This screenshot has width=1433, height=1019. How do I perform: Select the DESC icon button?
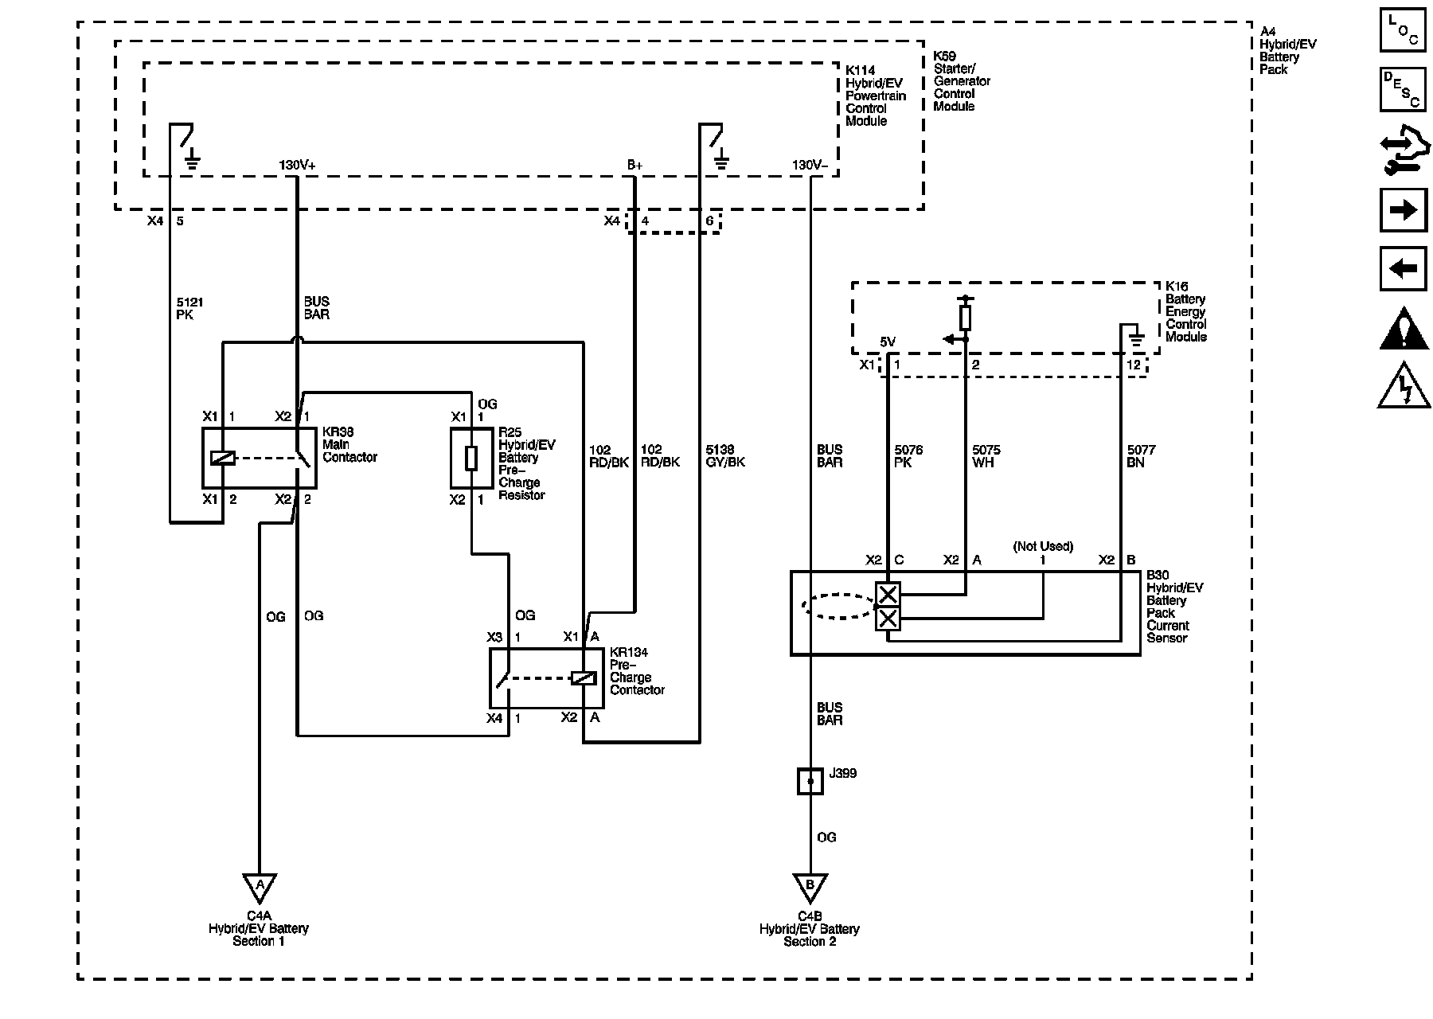pyautogui.click(x=1403, y=90)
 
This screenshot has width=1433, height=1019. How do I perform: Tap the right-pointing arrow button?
pyautogui.click(x=1403, y=210)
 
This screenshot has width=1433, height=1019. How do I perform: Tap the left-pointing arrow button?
pyautogui.click(x=1403, y=268)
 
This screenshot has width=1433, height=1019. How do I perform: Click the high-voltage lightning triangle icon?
pyautogui.click(x=1403, y=386)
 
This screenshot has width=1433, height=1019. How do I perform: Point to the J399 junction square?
pyautogui.click(x=810, y=781)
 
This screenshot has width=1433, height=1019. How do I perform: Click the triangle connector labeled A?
pyautogui.click(x=259, y=886)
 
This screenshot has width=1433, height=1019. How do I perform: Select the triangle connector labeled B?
pyautogui.click(x=810, y=886)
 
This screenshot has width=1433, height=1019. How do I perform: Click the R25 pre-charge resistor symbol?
pyautogui.click(x=471, y=458)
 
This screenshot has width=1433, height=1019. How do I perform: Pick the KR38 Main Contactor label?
pyautogui.click(x=349, y=444)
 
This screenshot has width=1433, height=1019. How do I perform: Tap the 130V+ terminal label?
pyautogui.click(x=297, y=165)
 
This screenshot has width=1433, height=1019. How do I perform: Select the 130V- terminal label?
pyautogui.click(x=810, y=165)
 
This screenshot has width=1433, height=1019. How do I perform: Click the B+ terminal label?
pyautogui.click(x=635, y=165)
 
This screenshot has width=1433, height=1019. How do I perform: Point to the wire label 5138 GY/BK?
pyautogui.click(x=725, y=455)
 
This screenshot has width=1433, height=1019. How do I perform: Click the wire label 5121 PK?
pyautogui.click(x=190, y=308)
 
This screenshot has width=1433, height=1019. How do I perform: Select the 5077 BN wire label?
pyautogui.click(x=1142, y=455)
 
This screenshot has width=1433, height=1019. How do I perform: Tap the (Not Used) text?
pyautogui.click(x=1043, y=546)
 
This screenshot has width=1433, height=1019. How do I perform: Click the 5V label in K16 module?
pyautogui.click(x=888, y=342)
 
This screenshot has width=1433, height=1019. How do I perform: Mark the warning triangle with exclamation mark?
pyautogui.click(x=1403, y=328)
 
